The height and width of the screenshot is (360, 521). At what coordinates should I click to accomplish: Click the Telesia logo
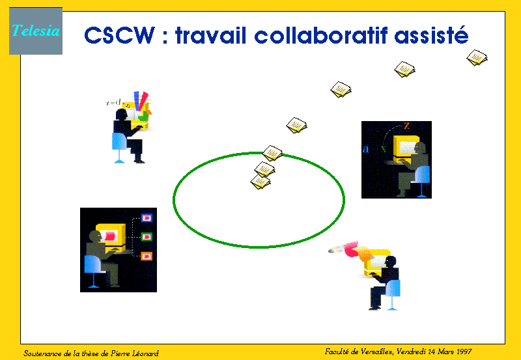(x=36, y=31)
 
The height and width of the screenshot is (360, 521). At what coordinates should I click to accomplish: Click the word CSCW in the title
(x=120, y=35)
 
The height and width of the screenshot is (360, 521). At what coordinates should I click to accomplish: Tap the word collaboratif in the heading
(x=320, y=35)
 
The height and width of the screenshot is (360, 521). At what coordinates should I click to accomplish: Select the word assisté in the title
(x=431, y=35)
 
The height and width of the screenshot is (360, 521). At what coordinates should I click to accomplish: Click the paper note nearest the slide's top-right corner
(x=477, y=58)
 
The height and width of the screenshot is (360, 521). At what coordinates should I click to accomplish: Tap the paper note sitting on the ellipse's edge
(x=273, y=153)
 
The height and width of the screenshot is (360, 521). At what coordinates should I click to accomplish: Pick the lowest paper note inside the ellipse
(x=260, y=182)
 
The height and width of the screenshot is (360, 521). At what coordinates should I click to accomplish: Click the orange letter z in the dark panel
(x=406, y=126)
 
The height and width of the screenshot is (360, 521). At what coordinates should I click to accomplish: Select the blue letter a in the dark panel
(x=366, y=148)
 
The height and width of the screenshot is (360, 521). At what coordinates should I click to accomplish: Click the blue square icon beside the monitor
(x=147, y=218)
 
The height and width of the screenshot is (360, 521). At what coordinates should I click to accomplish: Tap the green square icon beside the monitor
(x=147, y=237)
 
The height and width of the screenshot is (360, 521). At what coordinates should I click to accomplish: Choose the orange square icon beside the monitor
(x=147, y=256)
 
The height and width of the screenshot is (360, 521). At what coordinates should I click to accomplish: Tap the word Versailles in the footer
(x=376, y=352)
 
